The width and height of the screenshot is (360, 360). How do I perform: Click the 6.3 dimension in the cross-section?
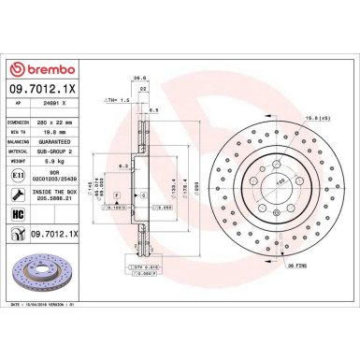pyautogui.click(x=123, y=166)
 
